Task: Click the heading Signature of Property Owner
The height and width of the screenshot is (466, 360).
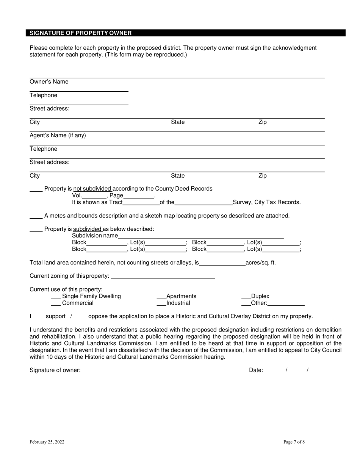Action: coord(81,33)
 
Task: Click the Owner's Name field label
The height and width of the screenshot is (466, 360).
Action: coord(49,82)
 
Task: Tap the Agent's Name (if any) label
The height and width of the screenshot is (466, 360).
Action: coord(58,135)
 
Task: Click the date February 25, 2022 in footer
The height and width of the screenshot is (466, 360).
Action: coord(48,442)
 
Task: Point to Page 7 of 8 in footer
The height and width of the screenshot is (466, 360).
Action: coord(294,442)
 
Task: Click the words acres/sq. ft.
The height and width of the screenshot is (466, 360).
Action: coord(261,262)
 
